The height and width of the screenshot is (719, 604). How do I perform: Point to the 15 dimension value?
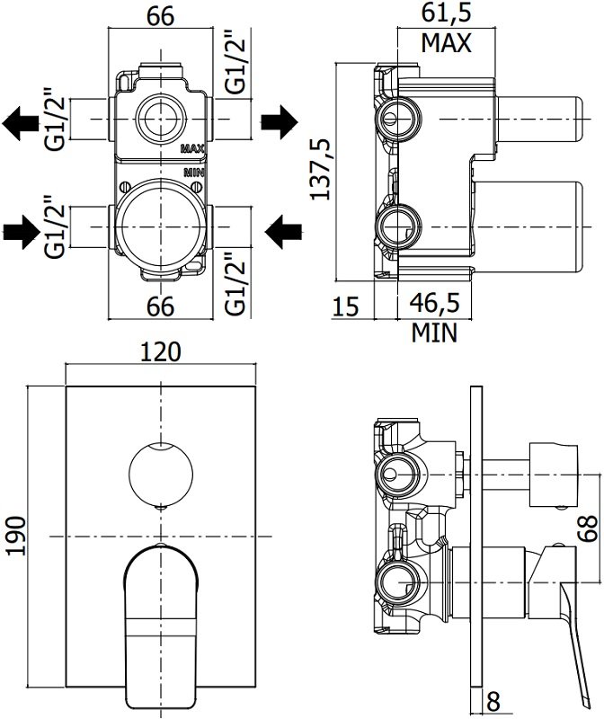tap(346, 306)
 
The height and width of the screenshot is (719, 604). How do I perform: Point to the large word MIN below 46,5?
tap(435, 333)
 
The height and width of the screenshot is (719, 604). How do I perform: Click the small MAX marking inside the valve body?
tap(193, 148)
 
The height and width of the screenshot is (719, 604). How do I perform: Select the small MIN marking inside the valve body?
tap(194, 170)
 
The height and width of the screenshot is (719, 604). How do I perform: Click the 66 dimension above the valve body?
tap(160, 14)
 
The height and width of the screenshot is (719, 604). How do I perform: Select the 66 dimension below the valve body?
tap(160, 306)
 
